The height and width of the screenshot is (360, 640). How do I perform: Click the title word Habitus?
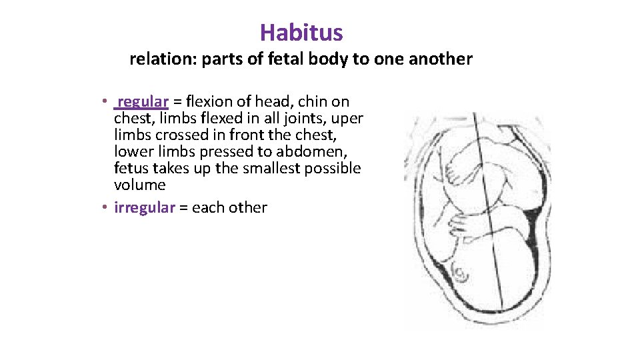click(301, 32)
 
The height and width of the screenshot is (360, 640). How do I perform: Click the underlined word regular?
click(143, 101)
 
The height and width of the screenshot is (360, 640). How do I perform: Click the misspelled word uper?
click(349, 118)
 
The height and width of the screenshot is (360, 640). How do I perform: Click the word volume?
click(139, 185)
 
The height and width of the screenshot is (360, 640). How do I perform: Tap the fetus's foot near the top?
click(460, 167)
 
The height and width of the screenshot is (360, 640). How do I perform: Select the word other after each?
click(247, 207)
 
